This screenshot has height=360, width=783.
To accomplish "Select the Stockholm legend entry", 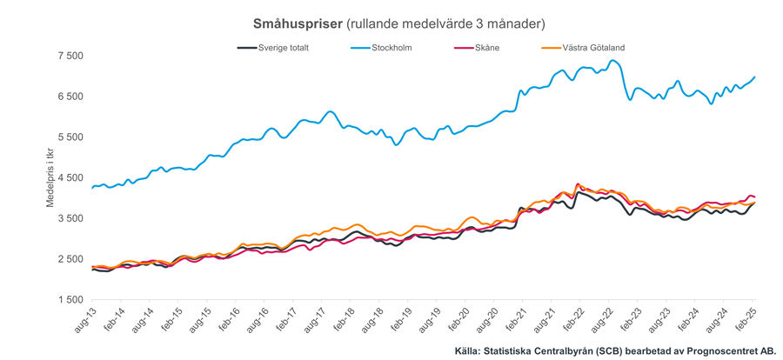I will [391, 48].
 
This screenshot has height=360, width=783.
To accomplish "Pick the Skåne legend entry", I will [482, 48].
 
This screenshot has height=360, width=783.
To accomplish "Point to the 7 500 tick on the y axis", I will [70, 56].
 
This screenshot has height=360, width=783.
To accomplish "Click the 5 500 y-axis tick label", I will [70, 137].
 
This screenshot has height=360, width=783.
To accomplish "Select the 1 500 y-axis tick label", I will [70, 300].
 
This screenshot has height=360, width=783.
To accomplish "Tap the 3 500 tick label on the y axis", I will [70, 218].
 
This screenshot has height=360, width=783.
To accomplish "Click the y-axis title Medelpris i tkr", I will [50, 178].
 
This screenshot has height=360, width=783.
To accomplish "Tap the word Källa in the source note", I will [470, 351].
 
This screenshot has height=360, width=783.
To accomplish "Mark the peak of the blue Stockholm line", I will [613, 61].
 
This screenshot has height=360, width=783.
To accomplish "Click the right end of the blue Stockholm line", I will [754, 77].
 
